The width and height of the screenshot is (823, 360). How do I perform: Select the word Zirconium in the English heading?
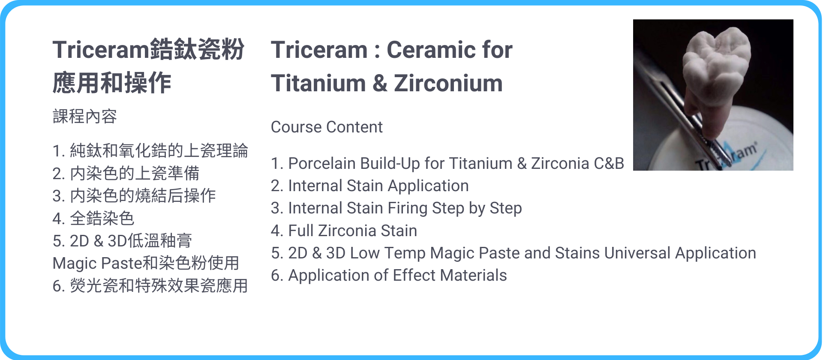coord(448,83)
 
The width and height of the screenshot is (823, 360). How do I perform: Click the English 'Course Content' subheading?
coord(327,127)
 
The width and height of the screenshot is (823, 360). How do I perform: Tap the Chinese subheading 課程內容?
coord(85,116)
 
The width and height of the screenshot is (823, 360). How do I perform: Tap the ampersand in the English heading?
coord(380,83)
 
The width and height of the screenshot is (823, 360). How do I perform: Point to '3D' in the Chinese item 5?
coord(117,241)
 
